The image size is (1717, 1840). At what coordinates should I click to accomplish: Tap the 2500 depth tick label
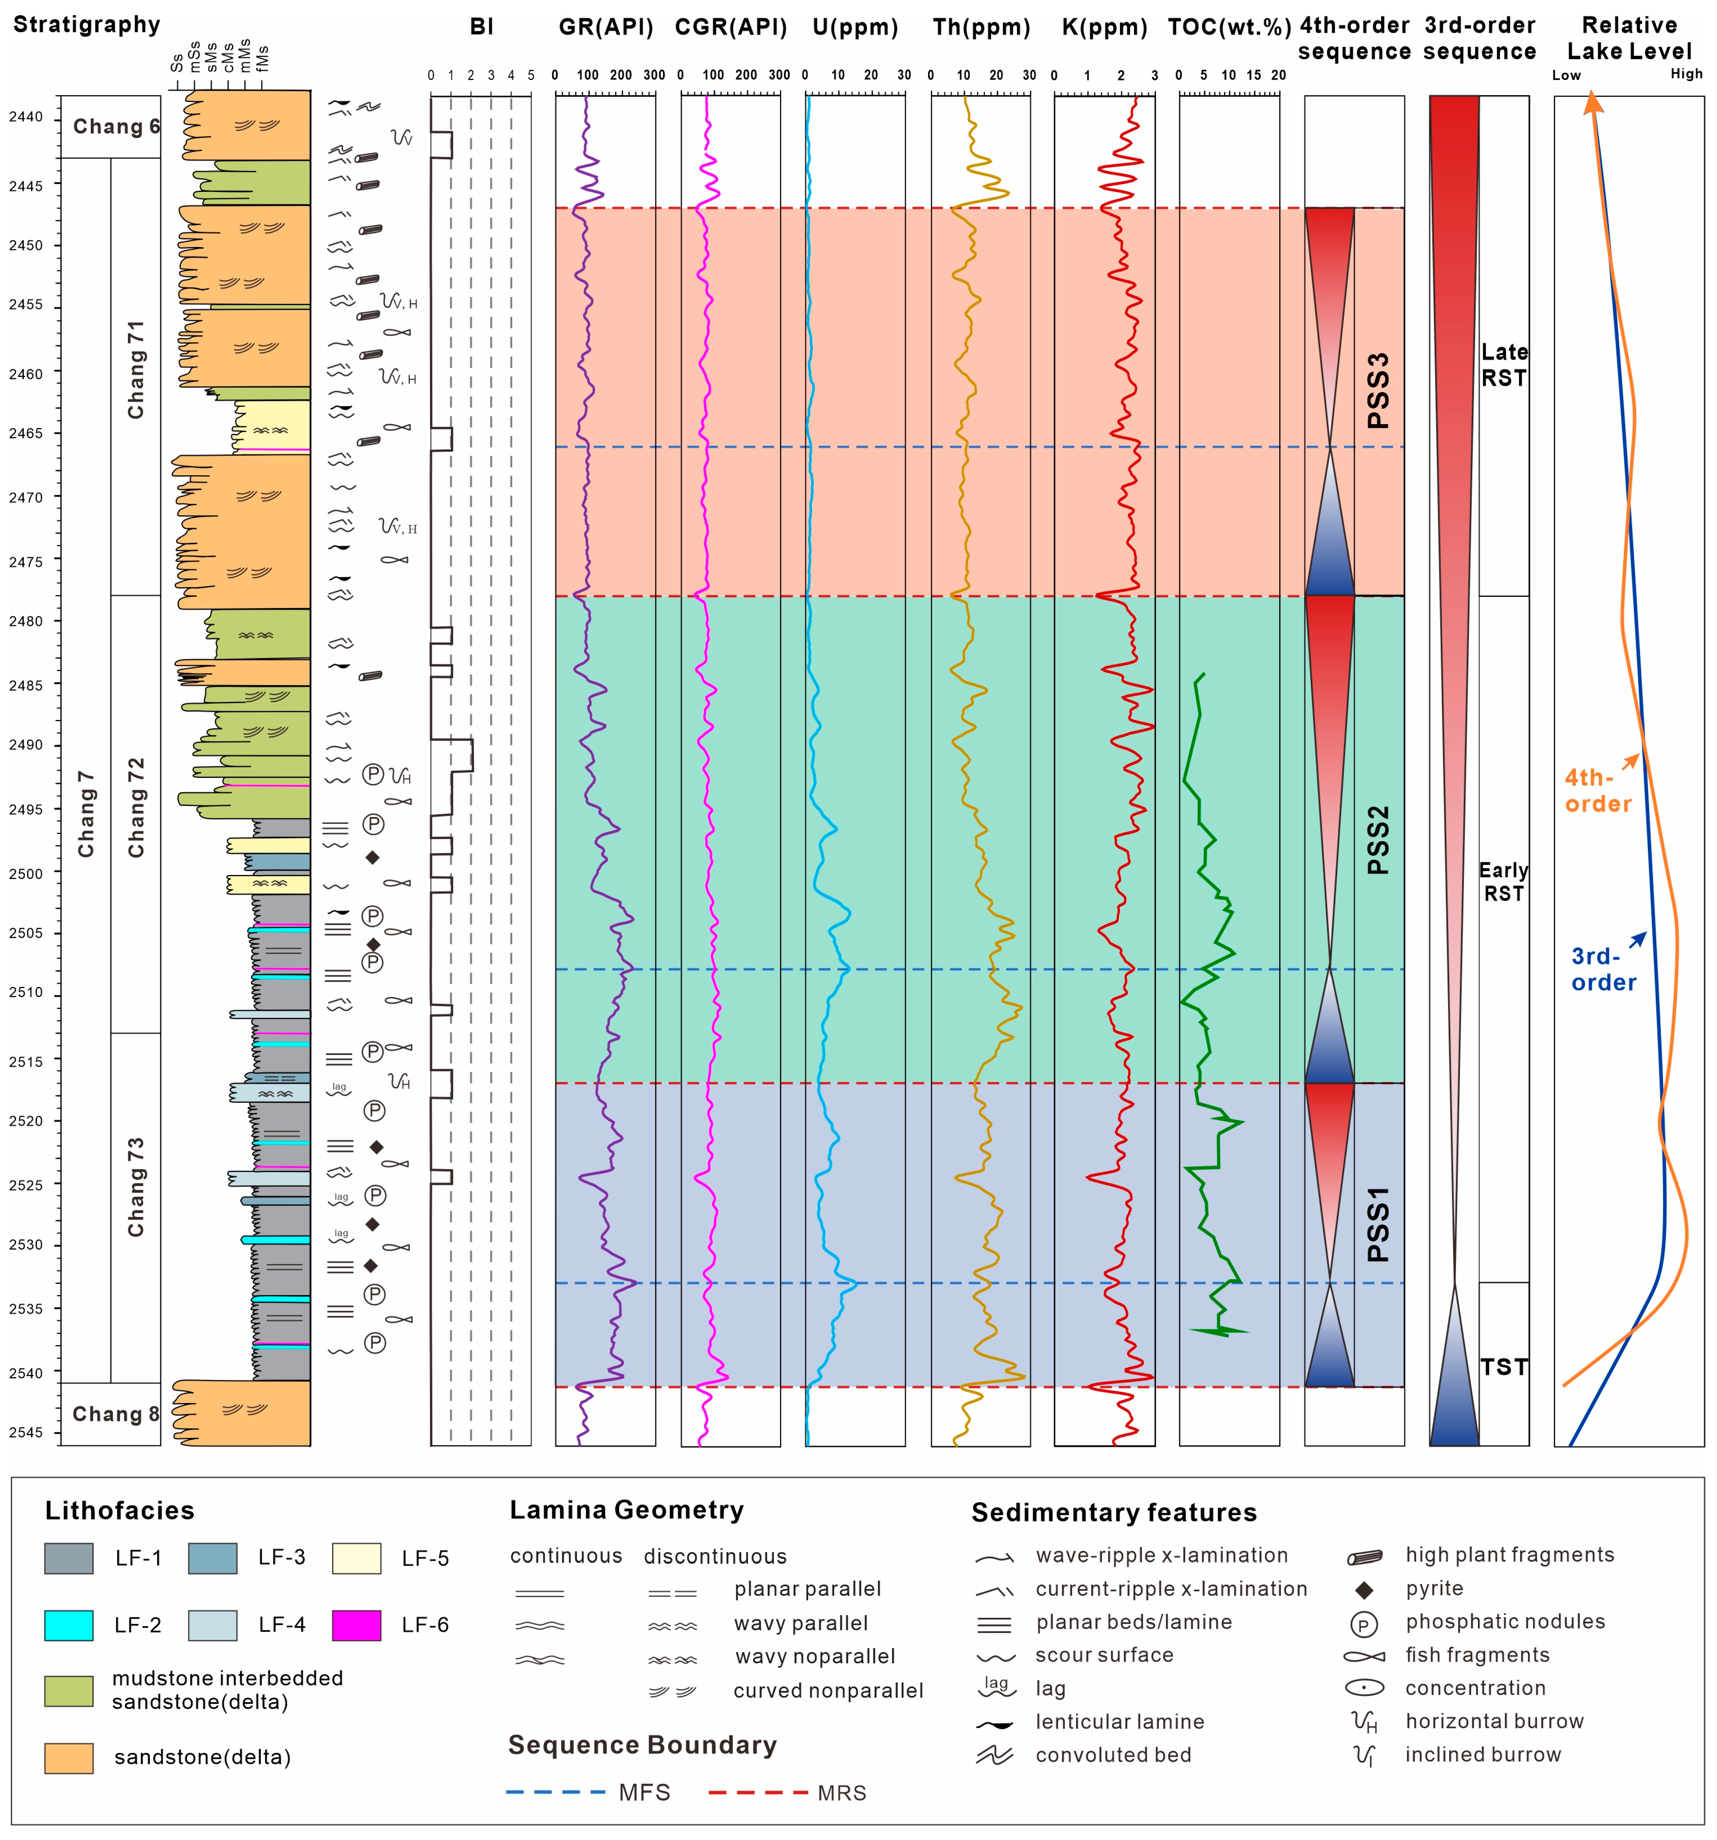point(26,873)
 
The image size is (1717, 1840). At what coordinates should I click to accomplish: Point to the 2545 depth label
point(26,1432)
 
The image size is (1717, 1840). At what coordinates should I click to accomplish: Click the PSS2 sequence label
point(1378,839)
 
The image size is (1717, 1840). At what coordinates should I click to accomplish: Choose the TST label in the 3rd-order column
point(1503,1366)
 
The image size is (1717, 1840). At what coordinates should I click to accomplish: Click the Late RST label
point(1503,365)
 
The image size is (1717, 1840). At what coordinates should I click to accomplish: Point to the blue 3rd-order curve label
point(1603,969)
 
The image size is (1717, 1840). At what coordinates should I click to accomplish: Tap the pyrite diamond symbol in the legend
point(1364,1589)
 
